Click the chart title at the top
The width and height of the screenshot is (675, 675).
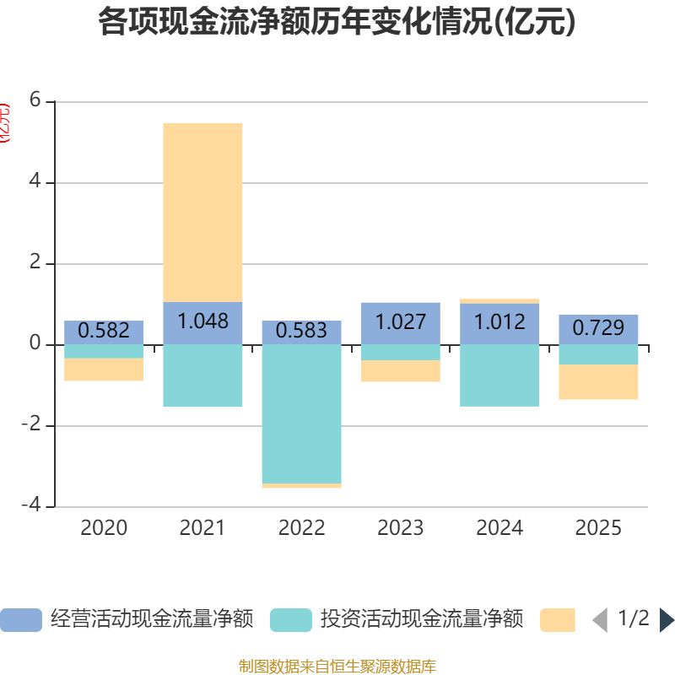click(337, 23)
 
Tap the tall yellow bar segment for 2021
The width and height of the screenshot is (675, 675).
click(202, 212)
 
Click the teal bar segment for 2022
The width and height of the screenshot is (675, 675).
click(301, 413)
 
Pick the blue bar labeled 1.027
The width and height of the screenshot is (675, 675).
click(400, 322)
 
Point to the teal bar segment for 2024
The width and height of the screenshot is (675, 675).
click(499, 375)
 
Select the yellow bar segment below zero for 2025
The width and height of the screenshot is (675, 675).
click(598, 382)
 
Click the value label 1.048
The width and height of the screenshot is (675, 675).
click(202, 321)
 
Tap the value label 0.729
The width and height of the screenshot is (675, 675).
click(598, 328)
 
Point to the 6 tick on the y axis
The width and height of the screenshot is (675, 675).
click(35, 100)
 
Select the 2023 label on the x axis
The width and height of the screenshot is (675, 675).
click(400, 528)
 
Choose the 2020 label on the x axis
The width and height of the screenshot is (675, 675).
click(104, 528)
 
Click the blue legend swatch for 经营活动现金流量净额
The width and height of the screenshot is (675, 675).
click(20, 620)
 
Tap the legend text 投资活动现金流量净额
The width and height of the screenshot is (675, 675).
click(421, 620)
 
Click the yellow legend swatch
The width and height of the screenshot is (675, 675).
click(557, 620)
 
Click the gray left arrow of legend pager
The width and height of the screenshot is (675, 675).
click(600, 620)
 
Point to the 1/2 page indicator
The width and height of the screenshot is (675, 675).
click(634, 619)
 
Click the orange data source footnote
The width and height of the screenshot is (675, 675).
click(337, 667)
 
